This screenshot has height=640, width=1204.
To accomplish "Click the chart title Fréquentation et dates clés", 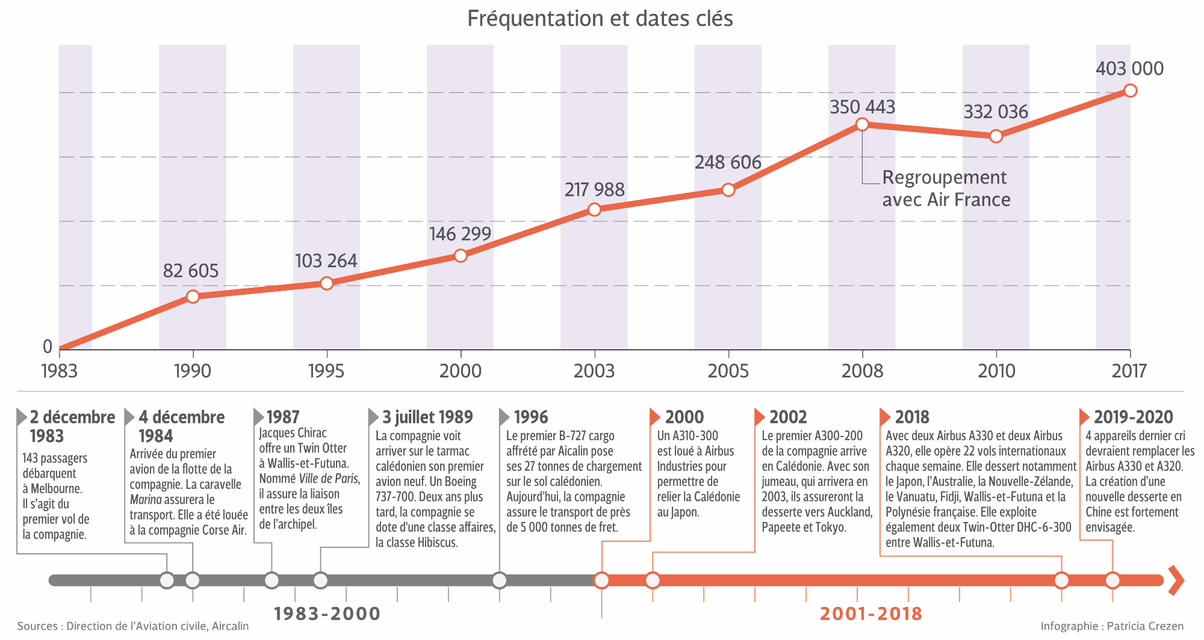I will pyautogui.click(x=600, y=19).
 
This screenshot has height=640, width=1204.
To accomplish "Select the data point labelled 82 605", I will pyautogui.click(x=193, y=296).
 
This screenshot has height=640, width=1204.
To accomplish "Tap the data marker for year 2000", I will pyautogui.click(x=461, y=255).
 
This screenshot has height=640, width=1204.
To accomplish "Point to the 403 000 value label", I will pyautogui.click(x=1129, y=69).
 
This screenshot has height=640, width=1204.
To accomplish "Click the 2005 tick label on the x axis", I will pyautogui.click(x=728, y=370).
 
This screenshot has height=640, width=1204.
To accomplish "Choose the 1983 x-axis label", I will pyautogui.click(x=59, y=370).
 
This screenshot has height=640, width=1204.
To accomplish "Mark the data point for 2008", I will pyautogui.click(x=862, y=124).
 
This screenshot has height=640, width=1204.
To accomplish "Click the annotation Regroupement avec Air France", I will pyautogui.click(x=946, y=188).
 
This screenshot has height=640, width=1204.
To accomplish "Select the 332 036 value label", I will pyautogui.click(x=996, y=112).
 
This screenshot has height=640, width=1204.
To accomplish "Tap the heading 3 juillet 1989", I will pyautogui.click(x=427, y=417).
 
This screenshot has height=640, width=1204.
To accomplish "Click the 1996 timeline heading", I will pyautogui.click(x=530, y=417).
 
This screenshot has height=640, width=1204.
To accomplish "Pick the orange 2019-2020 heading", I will pyautogui.click(x=1133, y=417).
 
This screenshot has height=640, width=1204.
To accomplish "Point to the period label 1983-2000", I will pyautogui.click(x=327, y=614).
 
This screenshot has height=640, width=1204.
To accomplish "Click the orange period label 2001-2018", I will pyautogui.click(x=870, y=614).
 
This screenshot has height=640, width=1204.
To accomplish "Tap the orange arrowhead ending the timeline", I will pyautogui.click(x=1176, y=580).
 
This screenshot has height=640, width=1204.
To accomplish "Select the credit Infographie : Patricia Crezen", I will pyautogui.click(x=1112, y=626).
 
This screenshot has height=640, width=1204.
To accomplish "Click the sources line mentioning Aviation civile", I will pyautogui.click(x=132, y=626).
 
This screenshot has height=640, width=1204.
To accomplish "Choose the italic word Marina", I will pyautogui.click(x=146, y=500).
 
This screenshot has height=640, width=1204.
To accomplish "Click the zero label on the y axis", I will pyautogui.click(x=48, y=346).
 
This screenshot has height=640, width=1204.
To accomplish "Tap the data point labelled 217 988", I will pyautogui.click(x=594, y=210).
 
